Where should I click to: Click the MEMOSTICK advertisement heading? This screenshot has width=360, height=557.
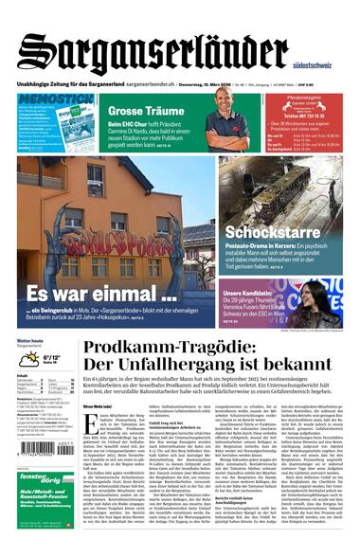(x=55, y=99)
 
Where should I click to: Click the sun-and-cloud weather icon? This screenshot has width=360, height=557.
(x=28, y=359)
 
